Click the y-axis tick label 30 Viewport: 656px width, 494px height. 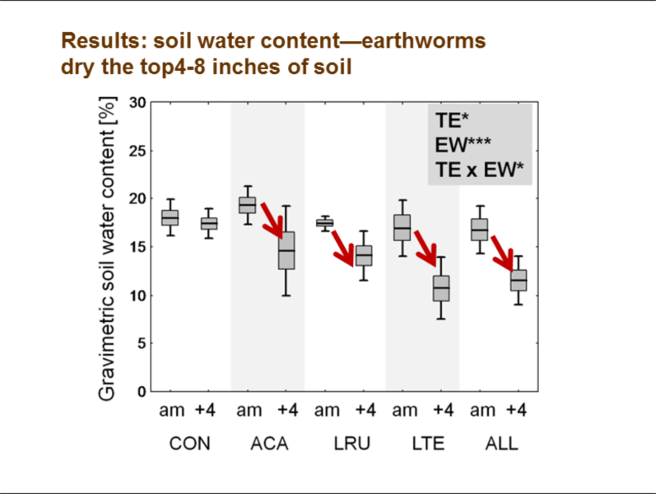pyautogui.click(x=137, y=103)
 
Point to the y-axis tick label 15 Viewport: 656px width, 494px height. pyautogui.click(x=137, y=247)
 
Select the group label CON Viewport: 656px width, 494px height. pyautogui.click(x=189, y=444)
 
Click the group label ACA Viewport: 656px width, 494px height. pyautogui.click(x=268, y=444)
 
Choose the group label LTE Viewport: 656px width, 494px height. pyautogui.click(x=423, y=444)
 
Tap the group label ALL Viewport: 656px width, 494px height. pyautogui.click(x=500, y=444)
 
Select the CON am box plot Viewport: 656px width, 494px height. pyautogui.click(x=170, y=217)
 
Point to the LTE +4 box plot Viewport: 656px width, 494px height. pyautogui.click(x=441, y=288)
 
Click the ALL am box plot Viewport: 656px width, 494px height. pyautogui.click(x=479, y=229)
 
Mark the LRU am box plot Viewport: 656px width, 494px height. pyautogui.click(x=324, y=223)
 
